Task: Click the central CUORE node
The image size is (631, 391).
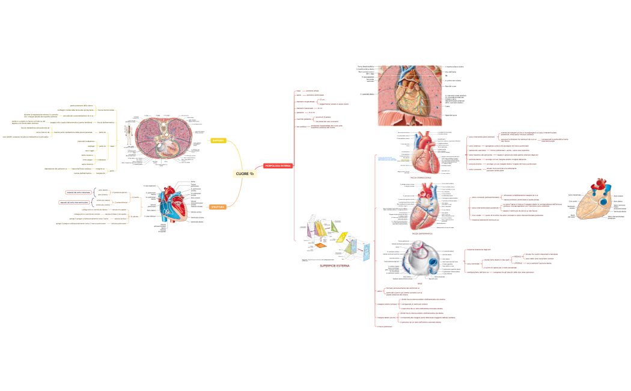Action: [245, 174]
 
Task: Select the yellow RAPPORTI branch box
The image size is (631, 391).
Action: [218, 141]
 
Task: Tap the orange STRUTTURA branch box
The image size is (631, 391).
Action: [218, 207]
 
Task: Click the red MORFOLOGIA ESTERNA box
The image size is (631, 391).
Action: [277, 165]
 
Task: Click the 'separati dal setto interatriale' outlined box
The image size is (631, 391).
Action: [78, 192]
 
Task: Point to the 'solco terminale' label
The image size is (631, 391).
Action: [473, 263]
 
